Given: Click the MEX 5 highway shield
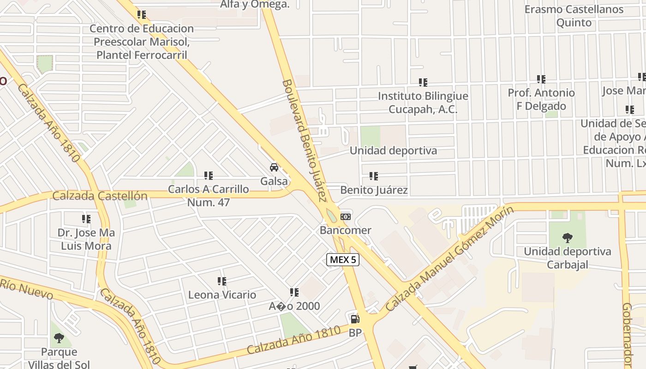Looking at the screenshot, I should [343, 260].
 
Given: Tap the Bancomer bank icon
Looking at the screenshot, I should [345, 217].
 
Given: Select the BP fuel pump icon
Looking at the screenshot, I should [355, 319].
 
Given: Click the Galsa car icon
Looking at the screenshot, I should [274, 167].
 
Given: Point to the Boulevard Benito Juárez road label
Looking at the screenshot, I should [304, 141].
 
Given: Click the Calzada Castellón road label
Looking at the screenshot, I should [100, 196].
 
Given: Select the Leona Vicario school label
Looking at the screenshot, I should [222, 295].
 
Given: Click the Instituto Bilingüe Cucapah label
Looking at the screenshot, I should [423, 102].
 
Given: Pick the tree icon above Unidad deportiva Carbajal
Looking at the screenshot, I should [567, 238].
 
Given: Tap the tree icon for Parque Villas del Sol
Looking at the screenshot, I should [59, 338].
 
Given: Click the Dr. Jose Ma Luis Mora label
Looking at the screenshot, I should [86, 239].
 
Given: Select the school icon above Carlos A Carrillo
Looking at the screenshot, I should [209, 175].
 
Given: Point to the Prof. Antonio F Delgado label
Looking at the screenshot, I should [541, 99].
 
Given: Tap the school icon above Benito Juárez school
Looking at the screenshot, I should [374, 176].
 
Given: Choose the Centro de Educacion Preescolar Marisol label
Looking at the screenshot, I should [142, 42].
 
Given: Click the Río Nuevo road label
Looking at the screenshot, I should [27, 288].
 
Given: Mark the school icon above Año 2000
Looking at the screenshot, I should [294, 292].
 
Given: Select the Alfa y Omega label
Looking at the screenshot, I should [255, 5].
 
